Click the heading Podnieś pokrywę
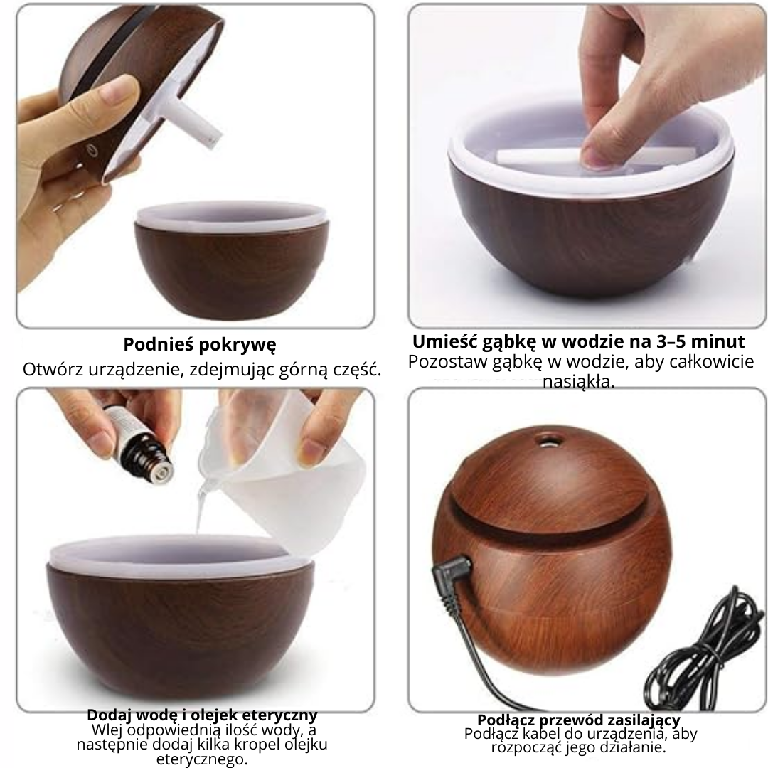[199, 345]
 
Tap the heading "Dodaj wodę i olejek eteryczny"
[202, 715]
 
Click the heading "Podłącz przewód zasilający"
[578, 720]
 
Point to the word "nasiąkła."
[578, 381]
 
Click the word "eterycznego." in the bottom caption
[202, 759]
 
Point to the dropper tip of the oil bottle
[161, 469]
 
